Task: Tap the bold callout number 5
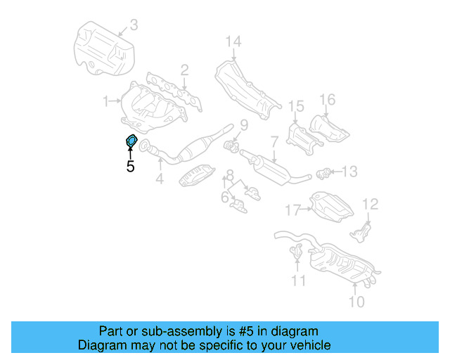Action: (130, 167)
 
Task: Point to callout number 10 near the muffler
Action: (357, 302)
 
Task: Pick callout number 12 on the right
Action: (370, 205)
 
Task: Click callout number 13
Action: (350, 171)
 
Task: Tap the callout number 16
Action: (328, 100)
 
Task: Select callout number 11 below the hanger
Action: (300, 282)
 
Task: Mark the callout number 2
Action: (184, 70)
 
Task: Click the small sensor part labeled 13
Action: (325, 171)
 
